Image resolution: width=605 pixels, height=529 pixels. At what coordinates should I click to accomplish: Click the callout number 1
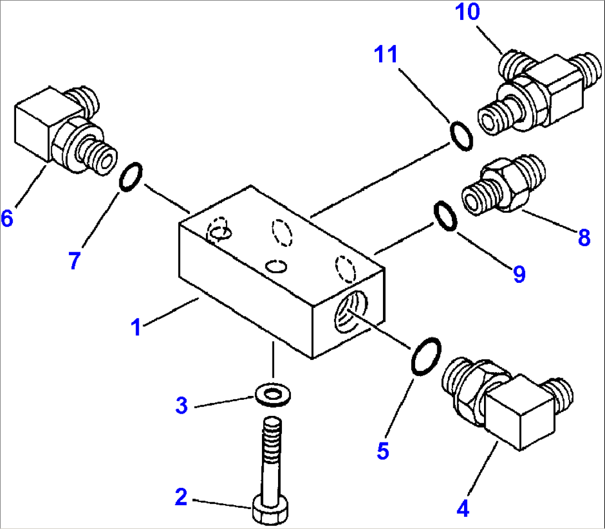136,327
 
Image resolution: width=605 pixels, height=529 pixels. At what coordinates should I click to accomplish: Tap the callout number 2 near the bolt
181,497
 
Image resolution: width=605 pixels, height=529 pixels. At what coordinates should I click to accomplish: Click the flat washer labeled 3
273,394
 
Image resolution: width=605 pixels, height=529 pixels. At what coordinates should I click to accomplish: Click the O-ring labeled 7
130,176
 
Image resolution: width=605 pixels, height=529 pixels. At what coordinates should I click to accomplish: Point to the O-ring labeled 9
446,216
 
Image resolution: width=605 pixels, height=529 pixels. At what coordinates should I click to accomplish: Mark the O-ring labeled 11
461,136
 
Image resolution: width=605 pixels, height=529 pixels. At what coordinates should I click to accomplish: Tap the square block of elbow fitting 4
520,413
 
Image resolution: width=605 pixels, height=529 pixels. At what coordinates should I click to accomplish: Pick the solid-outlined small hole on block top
276,266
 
